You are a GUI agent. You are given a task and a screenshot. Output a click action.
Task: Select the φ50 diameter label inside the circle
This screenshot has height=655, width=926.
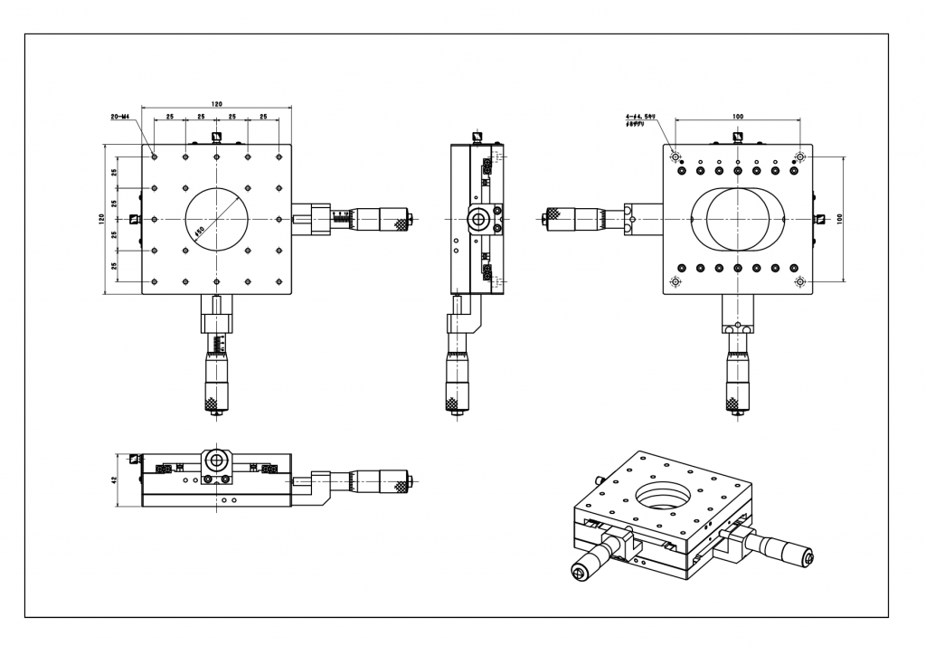200,230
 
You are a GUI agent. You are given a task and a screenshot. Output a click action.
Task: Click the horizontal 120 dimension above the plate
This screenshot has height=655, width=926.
217,105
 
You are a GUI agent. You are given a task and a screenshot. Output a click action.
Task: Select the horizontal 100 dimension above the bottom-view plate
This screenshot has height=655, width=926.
737,118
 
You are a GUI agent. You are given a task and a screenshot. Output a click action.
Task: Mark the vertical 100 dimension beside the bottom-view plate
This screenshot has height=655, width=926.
839,219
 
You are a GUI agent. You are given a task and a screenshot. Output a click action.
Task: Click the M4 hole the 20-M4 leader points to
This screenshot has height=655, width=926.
155,157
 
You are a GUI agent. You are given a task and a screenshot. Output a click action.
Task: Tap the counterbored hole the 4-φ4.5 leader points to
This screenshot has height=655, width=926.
676,157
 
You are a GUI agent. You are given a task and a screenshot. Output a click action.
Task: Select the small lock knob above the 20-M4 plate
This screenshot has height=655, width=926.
216,138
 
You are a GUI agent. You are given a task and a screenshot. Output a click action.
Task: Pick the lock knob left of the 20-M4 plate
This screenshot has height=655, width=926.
136,218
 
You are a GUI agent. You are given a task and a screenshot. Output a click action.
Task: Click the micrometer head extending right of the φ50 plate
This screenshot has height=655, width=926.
362,218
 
